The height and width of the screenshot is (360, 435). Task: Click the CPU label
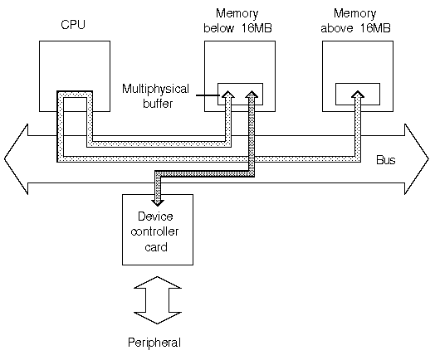pos(73,25)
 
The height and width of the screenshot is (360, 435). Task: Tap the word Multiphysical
pos(155,90)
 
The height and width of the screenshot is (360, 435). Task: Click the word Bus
pos(386,160)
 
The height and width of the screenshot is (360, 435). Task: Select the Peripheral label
pos(154,343)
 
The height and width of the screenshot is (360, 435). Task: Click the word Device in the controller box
pos(155,216)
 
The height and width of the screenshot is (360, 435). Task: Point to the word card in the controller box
pos(156,247)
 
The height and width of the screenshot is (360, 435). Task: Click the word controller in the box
pos(154,231)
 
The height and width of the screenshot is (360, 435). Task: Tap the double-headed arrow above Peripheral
pos(157,300)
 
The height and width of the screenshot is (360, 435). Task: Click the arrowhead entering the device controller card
pos(157,202)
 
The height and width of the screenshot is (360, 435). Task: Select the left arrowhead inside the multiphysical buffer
pos(228,95)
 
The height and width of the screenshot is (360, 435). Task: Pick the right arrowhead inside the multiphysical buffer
pos(252,95)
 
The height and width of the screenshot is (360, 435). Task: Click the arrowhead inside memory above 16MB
pos(358,95)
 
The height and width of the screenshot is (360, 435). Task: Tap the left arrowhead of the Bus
pos(16,159)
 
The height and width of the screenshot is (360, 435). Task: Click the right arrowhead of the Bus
pos(417,159)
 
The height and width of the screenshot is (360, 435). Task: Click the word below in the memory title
pos(218,28)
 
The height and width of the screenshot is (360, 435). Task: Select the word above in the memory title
pos(337,28)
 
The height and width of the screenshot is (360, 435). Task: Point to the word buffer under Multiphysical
pos(158,104)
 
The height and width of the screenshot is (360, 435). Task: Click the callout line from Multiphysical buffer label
pos(208,95)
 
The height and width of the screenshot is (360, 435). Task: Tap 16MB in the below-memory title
pos(257,28)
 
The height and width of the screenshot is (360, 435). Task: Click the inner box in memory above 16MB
pos(358,85)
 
